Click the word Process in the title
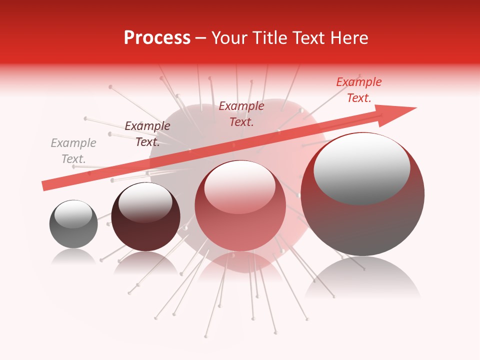tap(157, 38)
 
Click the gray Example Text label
tap(73, 151)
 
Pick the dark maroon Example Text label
tap(147, 134)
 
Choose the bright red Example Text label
tap(358, 90)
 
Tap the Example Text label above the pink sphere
tap(241, 113)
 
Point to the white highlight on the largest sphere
tap(361, 167)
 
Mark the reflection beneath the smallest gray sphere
tap(73, 257)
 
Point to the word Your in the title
tap(231, 38)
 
